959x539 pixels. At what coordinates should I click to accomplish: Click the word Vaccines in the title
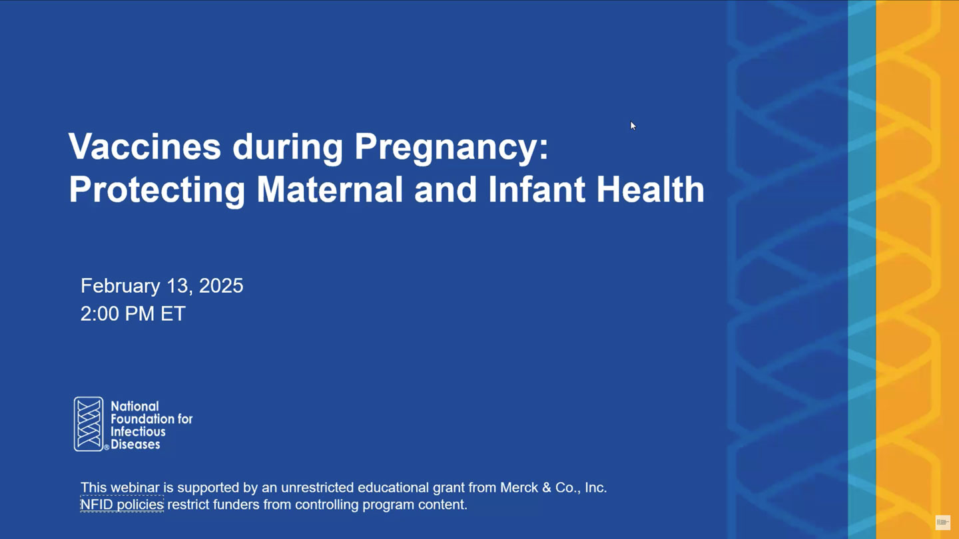click(x=145, y=146)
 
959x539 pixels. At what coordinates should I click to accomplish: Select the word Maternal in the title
click(x=330, y=189)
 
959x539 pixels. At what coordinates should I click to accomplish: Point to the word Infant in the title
click(x=537, y=189)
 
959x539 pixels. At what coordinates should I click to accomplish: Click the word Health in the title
click(x=650, y=189)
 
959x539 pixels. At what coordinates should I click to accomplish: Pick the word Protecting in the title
click(x=157, y=192)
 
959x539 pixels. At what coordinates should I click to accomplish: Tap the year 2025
click(x=221, y=285)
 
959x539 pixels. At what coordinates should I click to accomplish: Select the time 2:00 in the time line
click(x=101, y=313)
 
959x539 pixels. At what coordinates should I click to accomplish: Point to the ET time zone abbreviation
click(x=173, y=313)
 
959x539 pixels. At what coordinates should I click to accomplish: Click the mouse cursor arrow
click(x=633, y=126)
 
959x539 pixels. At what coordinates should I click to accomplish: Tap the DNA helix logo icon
click(x=89, y=424)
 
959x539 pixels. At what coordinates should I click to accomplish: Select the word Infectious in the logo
click(x=138, y=432)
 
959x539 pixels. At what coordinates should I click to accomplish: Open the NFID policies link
click(x=122, y=505)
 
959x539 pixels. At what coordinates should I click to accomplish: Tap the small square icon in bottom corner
click(x=943, y=522)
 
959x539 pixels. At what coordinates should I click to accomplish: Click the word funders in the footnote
click(x=236, y=505)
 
